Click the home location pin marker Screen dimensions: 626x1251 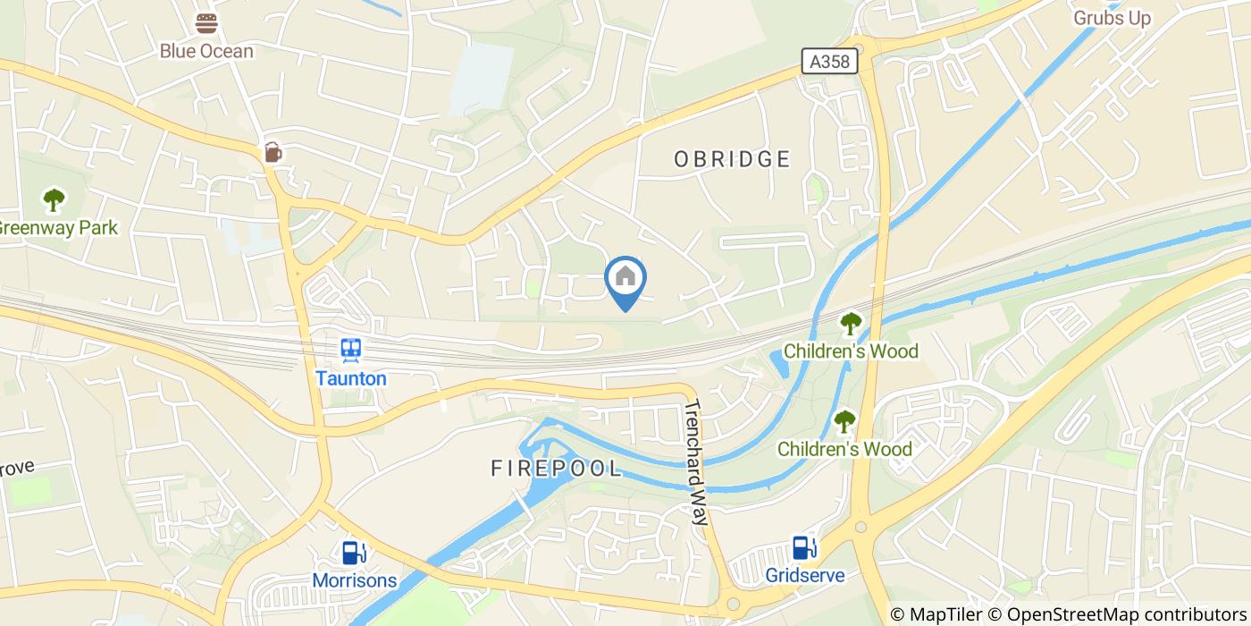625,279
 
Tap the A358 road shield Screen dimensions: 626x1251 829,61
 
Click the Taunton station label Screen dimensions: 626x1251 351,378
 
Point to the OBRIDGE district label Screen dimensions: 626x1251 732,159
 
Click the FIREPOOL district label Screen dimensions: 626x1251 556,468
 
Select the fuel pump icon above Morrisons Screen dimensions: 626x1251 354,553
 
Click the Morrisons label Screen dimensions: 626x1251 354,580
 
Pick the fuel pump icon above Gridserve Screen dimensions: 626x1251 804,546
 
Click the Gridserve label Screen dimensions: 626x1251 804,574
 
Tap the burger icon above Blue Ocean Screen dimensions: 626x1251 206,23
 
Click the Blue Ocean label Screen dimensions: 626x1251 206,51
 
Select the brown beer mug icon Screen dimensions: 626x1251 273,153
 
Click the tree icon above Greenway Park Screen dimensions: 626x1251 55,199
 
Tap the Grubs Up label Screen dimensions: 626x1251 1112,18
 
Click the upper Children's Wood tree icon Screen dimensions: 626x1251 850,323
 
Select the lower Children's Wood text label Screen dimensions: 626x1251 844,449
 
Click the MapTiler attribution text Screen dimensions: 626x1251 939,614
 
